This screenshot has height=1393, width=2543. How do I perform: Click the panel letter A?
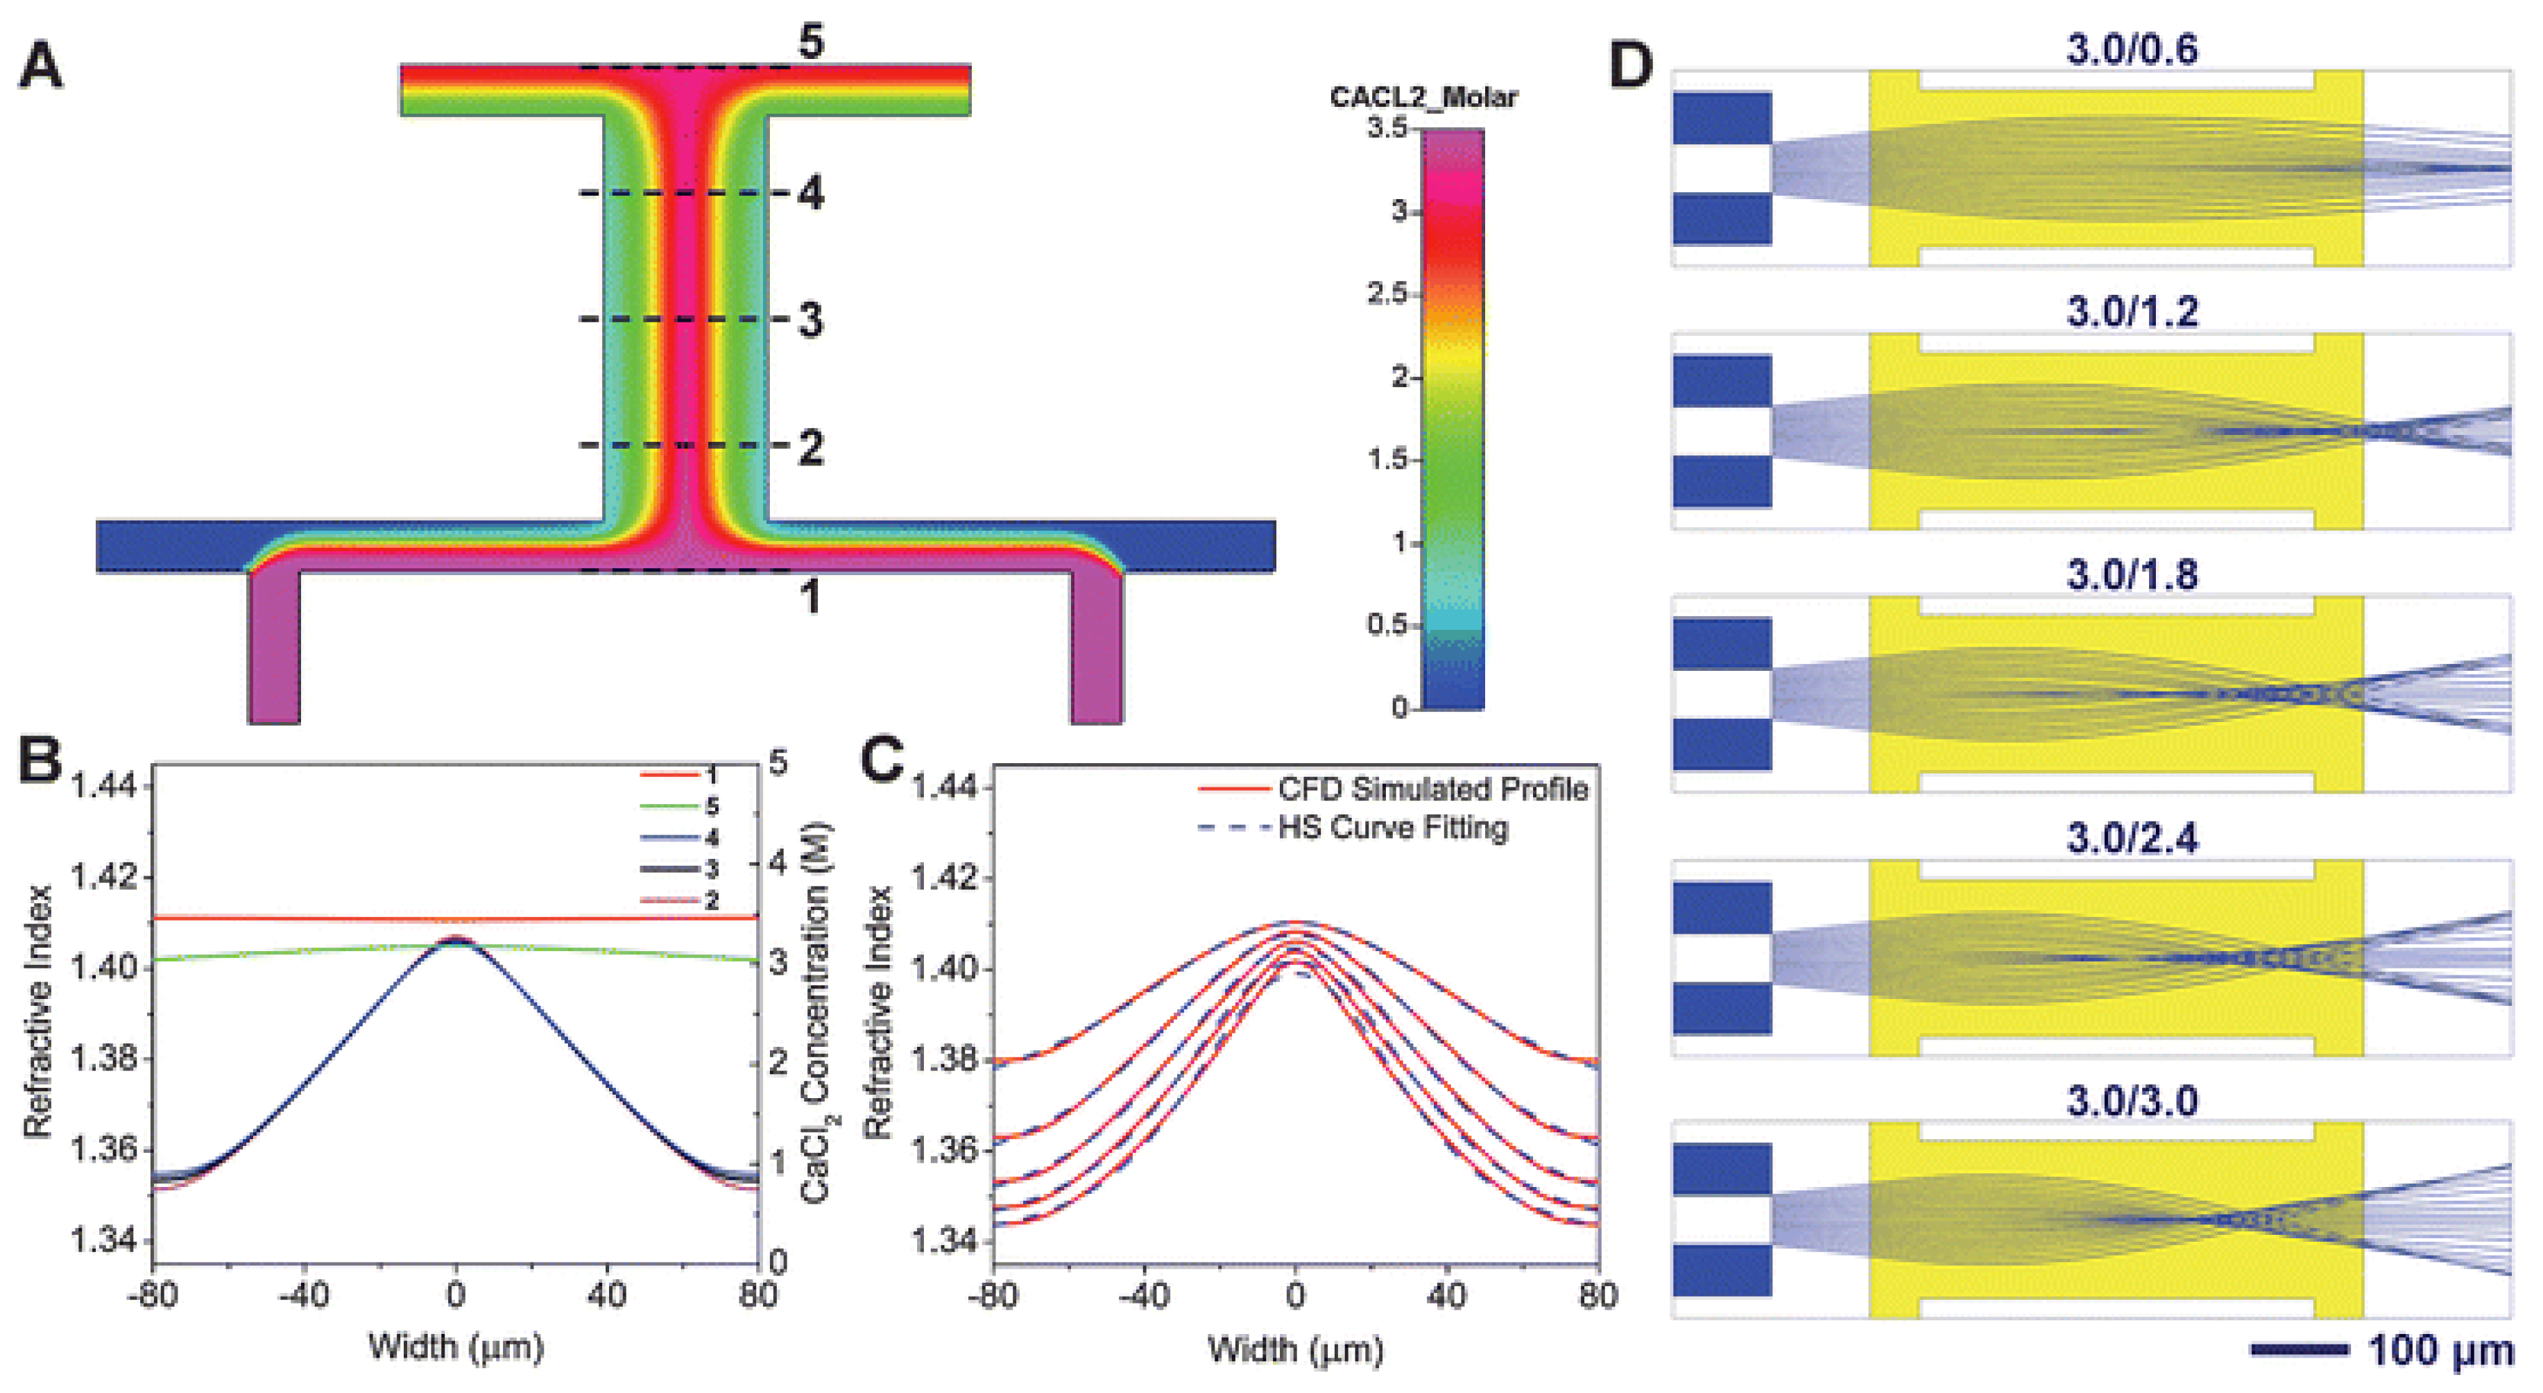point(42,67)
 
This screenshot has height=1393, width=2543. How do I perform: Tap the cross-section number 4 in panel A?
point(810,194)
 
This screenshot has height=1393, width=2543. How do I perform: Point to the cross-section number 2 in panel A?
point(810,447)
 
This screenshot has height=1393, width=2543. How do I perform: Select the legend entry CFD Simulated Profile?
point(1432,789)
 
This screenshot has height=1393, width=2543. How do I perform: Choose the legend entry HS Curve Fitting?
point(1392,828)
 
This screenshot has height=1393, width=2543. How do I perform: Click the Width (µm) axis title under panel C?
point(1294,1349)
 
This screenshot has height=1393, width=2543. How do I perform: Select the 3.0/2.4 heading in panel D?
point(2132,838)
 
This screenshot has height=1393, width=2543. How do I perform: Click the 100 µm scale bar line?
point(2298,1349)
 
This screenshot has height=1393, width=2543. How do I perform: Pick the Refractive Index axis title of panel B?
point(37,1012)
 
